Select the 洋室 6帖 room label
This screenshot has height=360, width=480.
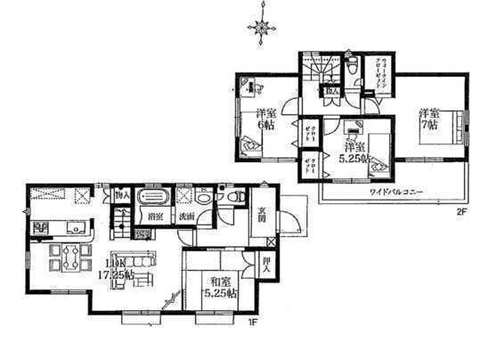[x=264, y=119]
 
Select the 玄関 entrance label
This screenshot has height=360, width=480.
[x=264, y=214]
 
